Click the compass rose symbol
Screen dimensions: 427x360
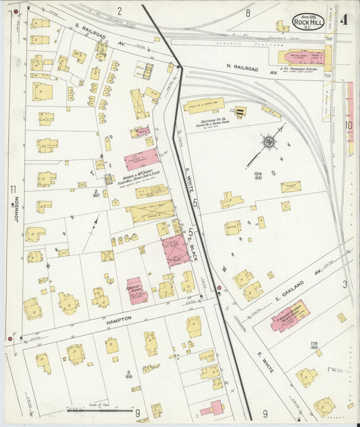click(269, 142)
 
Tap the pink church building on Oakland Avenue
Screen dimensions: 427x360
click(290, 315)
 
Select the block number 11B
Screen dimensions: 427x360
click(313, 345)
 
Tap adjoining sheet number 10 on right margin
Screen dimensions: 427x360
click(349, 125)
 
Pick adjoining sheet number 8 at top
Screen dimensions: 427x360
click(248, 12)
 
